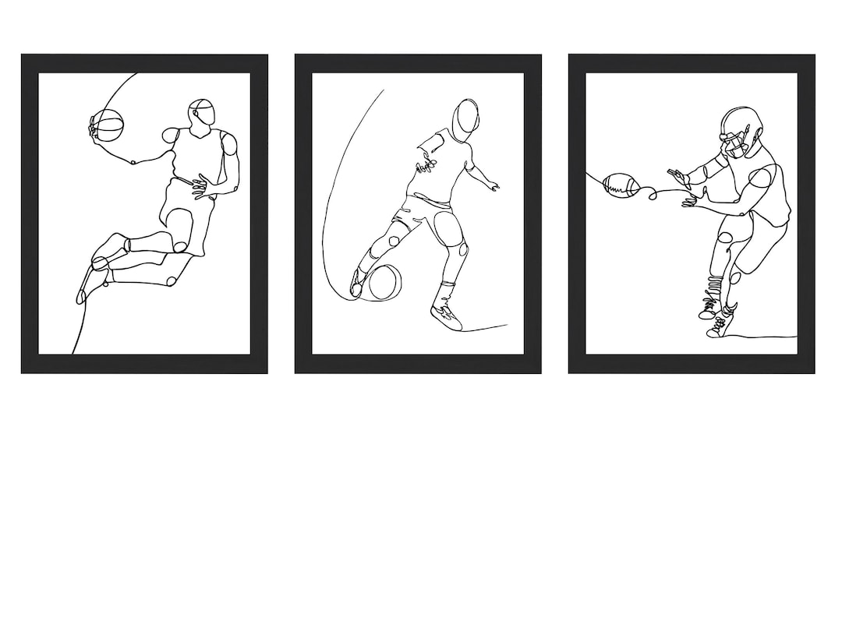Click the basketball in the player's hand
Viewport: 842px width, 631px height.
pos(108,125)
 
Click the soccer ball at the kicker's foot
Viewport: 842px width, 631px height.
pos(384,282)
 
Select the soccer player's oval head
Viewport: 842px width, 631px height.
pos(467,118)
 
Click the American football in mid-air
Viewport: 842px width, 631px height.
pos(621,185)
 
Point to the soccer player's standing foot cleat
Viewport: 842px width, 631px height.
pos(447,316)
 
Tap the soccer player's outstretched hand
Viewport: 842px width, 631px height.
pos(492,185)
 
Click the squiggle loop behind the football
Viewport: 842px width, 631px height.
pos(650,192)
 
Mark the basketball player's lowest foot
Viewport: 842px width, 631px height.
pos(83,291)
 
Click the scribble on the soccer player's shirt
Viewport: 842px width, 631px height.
pos(426,164)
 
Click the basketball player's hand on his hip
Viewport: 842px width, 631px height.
pos(204,187)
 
